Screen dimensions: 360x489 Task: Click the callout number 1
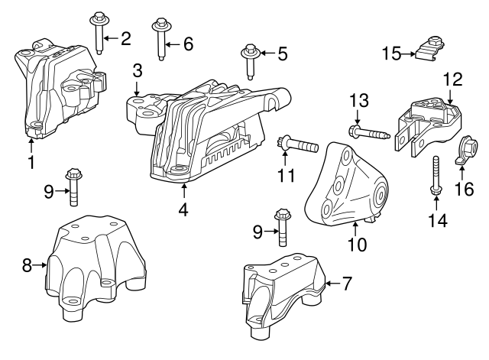click(x=31, y=162)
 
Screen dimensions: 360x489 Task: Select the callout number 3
click(x=137, y=71)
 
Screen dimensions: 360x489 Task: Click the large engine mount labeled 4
click(x=214, y=138)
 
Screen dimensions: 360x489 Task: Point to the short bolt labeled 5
click(x=250, y=61)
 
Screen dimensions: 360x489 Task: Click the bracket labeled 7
click(x=283, y=294)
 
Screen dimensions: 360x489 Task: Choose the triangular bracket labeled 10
click(x=344, y=187)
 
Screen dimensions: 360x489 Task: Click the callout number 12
click(x=452, y=78)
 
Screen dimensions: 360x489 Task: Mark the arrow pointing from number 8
click(x=40, y=266)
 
